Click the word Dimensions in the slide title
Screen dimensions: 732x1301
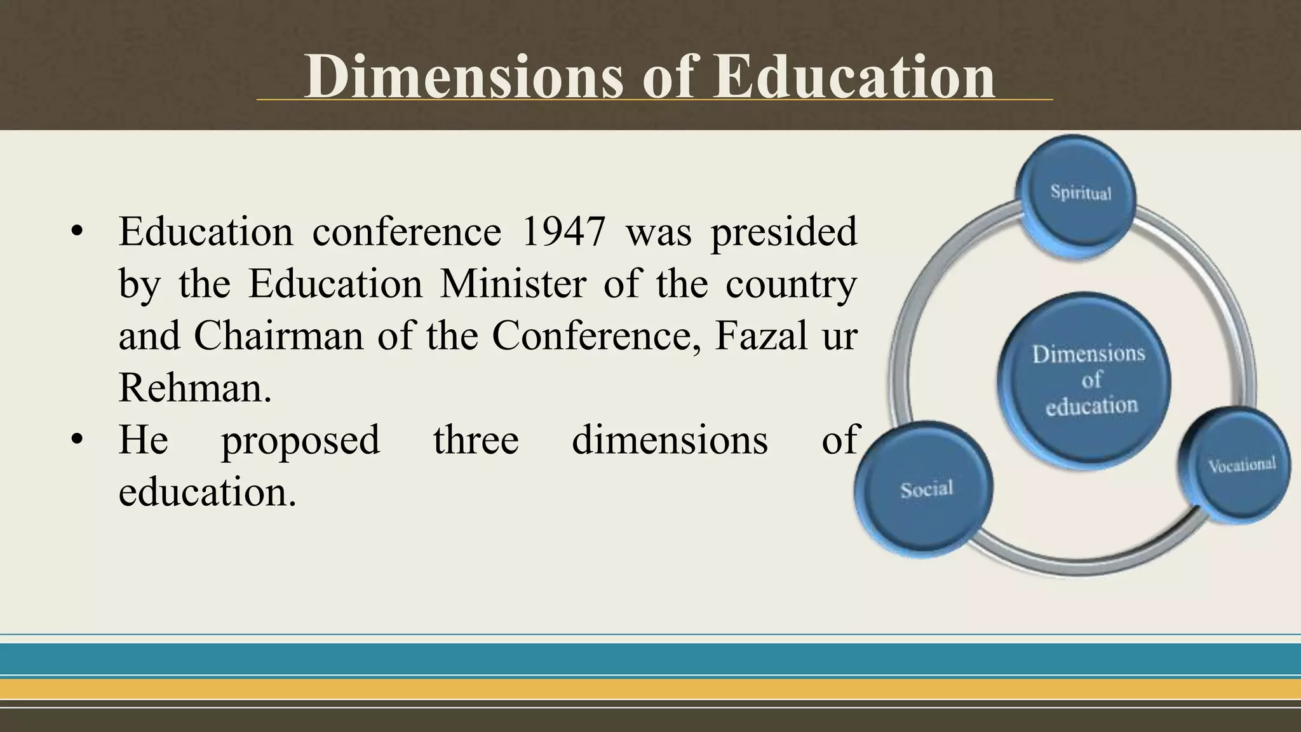[464, 77]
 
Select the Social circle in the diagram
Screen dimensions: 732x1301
[925, 490]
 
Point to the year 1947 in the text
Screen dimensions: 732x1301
[563, 231]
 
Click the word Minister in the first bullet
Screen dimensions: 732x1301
[513, 283]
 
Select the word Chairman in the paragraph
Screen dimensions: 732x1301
[278, 335]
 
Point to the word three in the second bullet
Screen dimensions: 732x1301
[476, 440]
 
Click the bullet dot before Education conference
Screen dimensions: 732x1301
[77, 233]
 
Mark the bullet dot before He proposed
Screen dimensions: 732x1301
[77, 440]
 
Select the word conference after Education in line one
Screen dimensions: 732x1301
[407, 231]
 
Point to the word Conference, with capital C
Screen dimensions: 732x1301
[598, 335]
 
